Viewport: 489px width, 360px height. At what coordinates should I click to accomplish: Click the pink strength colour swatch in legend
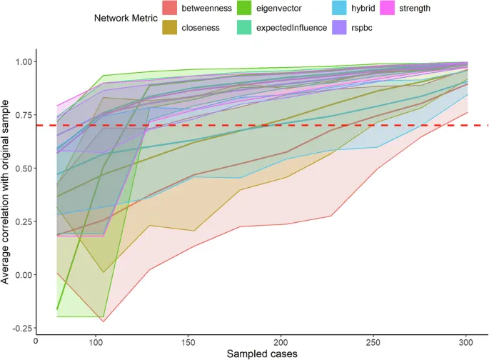click(x=405, y=9)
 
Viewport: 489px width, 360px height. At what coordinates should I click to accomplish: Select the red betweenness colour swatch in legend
click(x=169, y=9)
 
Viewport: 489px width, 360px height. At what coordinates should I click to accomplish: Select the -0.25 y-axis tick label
click(x=21, y=328)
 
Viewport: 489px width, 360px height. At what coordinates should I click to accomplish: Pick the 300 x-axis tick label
click(x=467, y=341)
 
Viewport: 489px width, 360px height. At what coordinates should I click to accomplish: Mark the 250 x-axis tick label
click(x=374, y=341)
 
